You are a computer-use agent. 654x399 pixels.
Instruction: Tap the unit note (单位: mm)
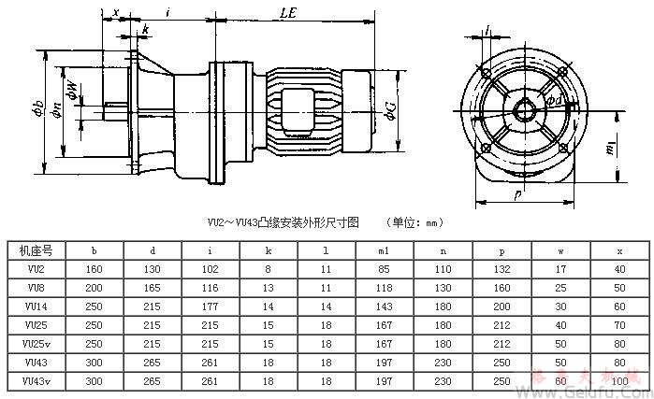(413, 223)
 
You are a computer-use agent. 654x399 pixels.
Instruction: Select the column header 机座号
(36, 250)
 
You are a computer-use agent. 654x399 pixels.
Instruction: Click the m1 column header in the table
(385, 250)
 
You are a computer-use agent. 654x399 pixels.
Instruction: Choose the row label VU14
(36, 306)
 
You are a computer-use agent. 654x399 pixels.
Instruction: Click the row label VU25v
(36, 343)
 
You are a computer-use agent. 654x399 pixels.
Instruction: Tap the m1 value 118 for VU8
(385, 288)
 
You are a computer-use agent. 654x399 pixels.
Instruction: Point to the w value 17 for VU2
(560, 269)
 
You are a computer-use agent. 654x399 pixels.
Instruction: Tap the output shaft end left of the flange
(114, 111)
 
